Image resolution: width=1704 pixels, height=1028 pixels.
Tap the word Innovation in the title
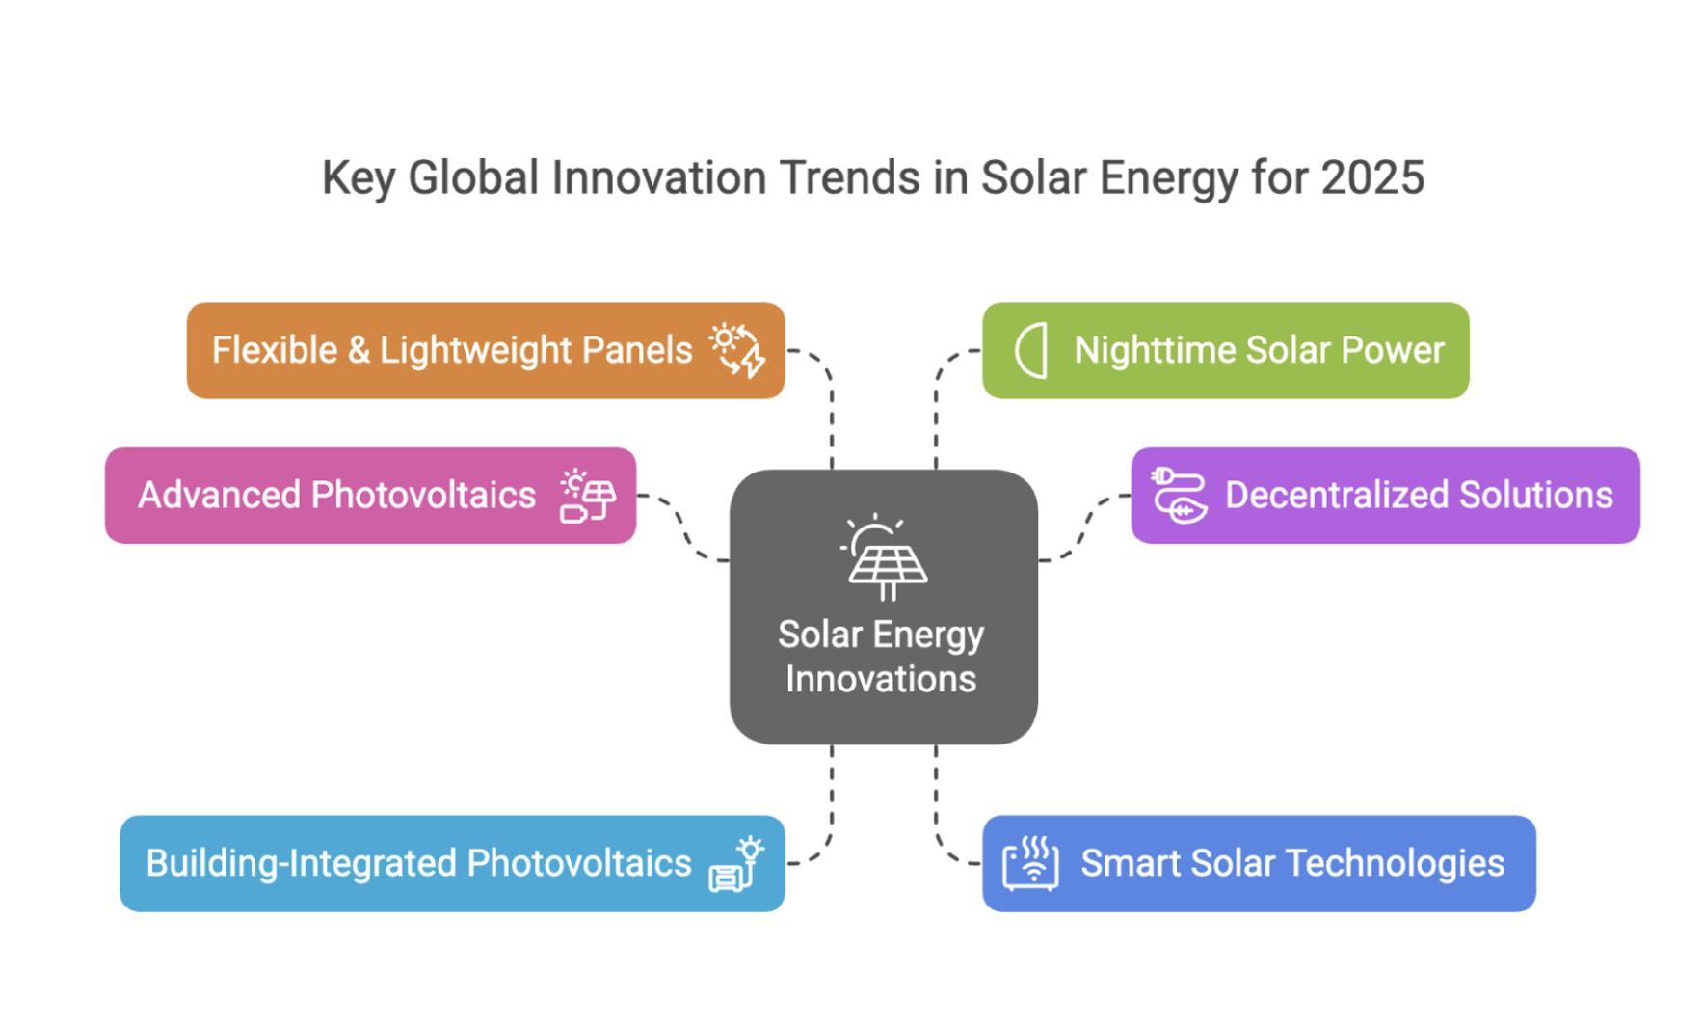pos(656,178)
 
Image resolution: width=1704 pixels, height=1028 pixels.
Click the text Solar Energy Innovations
pos(881,657)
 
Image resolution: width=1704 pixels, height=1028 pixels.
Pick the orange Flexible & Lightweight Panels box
pos(485,350)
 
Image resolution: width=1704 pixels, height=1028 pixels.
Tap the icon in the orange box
pos(738,350)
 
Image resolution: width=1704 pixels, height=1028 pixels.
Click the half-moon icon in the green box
pos(1031,350)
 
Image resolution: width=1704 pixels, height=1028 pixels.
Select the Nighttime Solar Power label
pos(1259,350)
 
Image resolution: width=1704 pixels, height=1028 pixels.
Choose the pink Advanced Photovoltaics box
pos(370,495)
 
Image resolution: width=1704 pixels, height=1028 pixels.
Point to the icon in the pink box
pos(587,496)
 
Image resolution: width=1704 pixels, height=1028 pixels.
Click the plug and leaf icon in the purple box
pos(1179,496)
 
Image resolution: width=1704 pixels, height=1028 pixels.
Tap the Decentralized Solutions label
pos(1418,496)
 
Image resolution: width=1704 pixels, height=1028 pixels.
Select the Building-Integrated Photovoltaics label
pos(418,863)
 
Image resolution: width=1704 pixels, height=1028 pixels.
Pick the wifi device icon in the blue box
pos(1030,863)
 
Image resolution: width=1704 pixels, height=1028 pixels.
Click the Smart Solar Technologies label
pos(1291,863)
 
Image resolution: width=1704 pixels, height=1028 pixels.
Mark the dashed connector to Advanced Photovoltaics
pos(683,528)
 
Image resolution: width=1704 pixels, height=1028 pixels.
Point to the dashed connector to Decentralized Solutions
pos(1085,528)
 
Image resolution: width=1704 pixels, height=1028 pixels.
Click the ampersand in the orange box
pos(359,351)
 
